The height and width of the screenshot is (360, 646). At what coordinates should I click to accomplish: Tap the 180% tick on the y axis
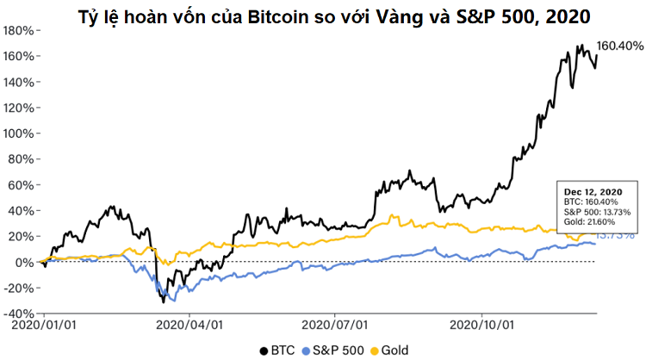click(17, 30)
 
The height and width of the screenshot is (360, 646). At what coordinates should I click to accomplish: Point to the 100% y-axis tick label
click(17, 133)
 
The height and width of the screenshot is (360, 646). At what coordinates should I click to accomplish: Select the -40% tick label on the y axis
click(17, 313)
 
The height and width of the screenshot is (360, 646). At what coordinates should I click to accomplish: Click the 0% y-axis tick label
click(24, 262)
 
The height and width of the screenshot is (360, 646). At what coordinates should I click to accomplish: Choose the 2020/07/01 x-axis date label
click(337, 326)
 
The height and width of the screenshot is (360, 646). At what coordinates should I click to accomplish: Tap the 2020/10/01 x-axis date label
click(483, 326)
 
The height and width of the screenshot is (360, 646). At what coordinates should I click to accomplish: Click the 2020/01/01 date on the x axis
click(44, 326)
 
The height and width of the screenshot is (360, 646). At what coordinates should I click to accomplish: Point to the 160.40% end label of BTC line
click(620, 47)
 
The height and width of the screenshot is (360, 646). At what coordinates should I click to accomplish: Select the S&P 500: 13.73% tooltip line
click(598, 212)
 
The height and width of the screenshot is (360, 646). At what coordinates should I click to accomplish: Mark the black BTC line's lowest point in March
click(164, 301)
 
